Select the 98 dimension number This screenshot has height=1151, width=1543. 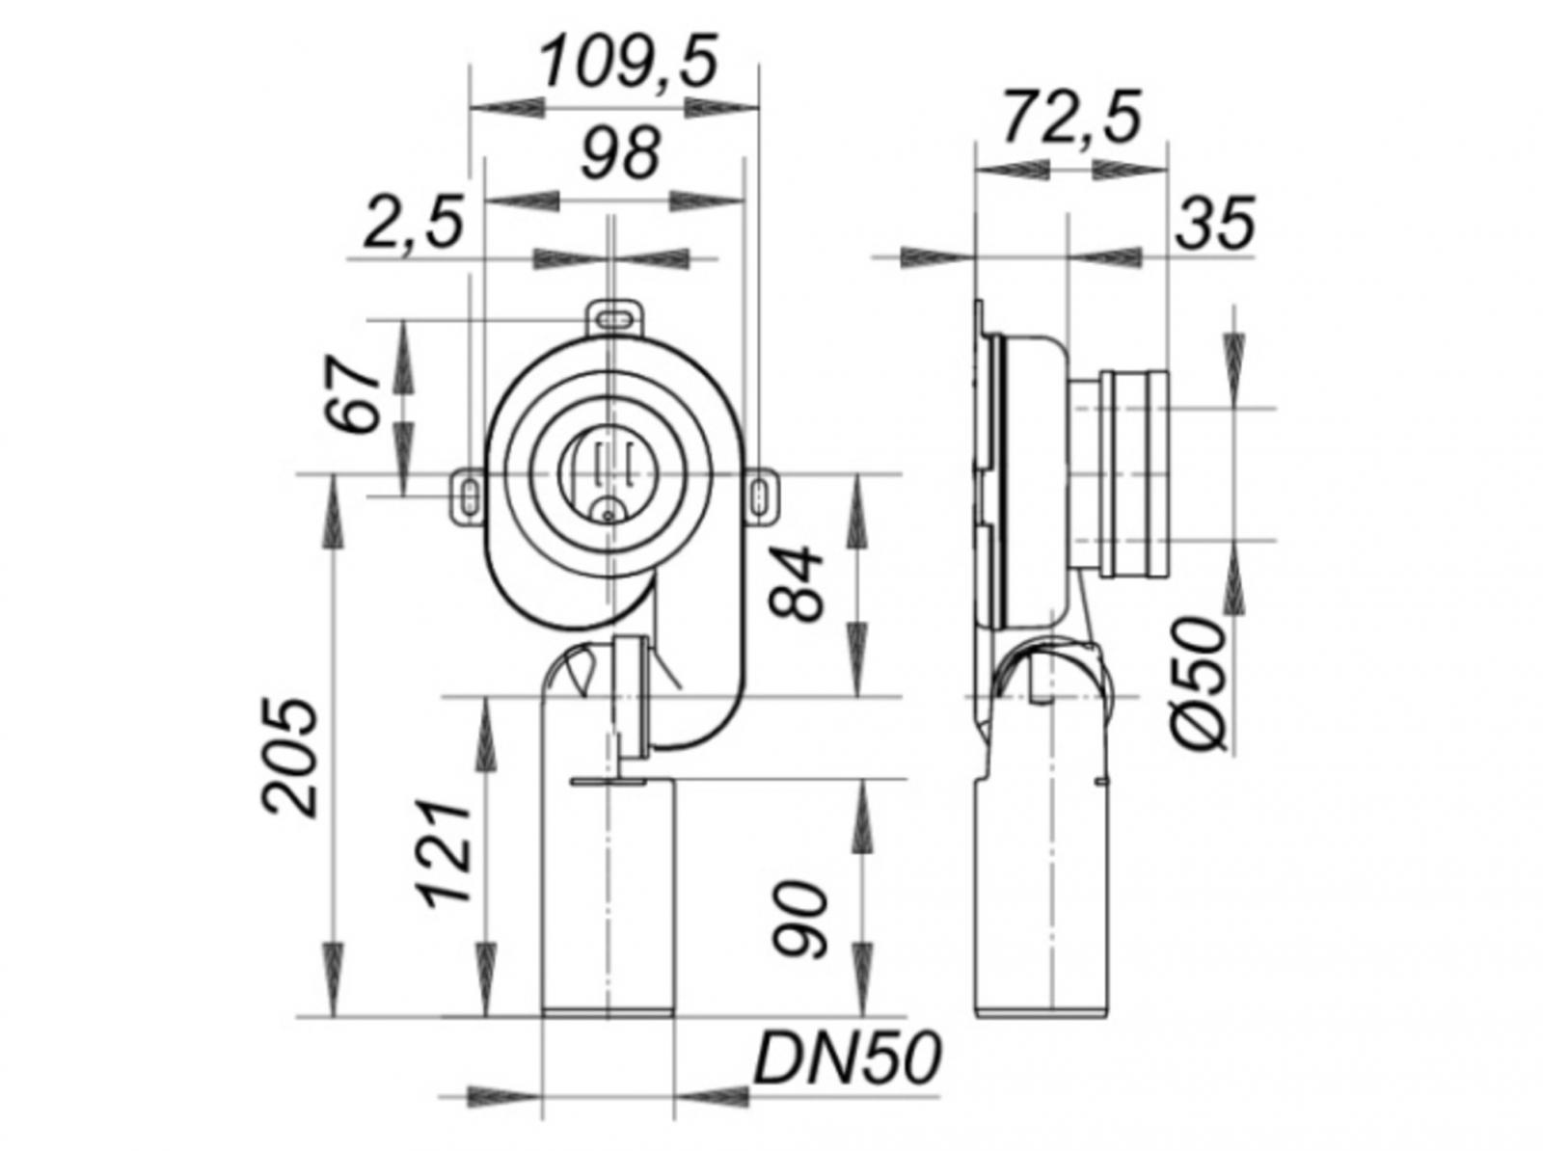(x=620, y=153)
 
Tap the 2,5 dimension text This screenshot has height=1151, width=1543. (x=413, y=224)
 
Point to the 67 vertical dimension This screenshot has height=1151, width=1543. (x=349, y=395)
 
